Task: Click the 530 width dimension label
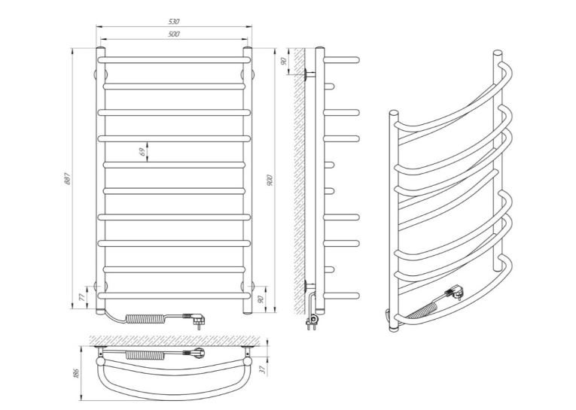click(x=174, y=22)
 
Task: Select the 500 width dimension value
click(x=174, y=34)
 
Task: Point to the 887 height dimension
click(x=67, y=178)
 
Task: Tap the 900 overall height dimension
click(x=270, y=180)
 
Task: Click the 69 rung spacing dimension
click(x=142, y=152)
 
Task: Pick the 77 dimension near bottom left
click(x=82, y=296)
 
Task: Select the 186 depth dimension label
click(x=76, y=373)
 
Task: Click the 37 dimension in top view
click(x=262, y=369)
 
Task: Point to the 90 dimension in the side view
click(x=284, y=61)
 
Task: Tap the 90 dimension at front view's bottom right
click(x=261, y=299)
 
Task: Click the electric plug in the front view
click(x=195, y=318)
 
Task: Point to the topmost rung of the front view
click(x=174, y=60)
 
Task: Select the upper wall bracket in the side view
click(x=309, y=74)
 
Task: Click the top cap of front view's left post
click(x=101, y=49)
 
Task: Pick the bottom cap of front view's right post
click(x=247, y=312)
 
